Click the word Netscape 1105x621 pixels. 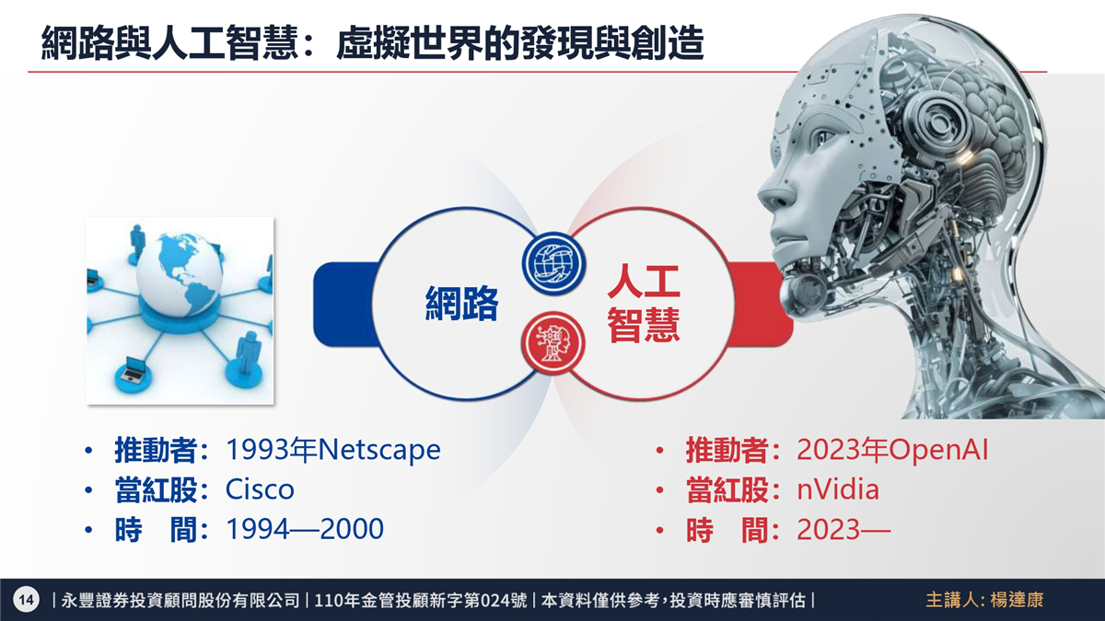379,450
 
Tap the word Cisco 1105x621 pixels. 260,489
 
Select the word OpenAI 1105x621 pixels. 938,450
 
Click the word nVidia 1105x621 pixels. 838,489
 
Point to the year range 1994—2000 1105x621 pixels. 305,529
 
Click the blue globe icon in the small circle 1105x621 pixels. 553,263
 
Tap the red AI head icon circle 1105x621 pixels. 553,342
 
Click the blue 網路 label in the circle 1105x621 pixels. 461,304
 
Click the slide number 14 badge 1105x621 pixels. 26,600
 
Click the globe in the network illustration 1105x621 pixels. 179,274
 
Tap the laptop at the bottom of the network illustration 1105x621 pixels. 134,369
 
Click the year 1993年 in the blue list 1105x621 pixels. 271,450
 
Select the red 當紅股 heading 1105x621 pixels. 727,489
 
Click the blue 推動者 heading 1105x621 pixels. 156,450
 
